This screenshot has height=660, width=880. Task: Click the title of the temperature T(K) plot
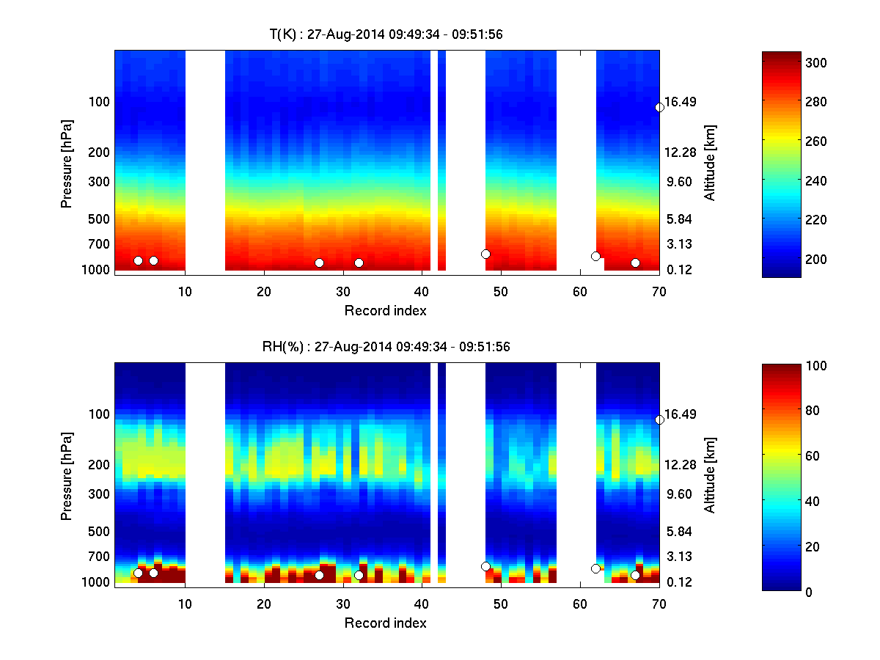point(386,34)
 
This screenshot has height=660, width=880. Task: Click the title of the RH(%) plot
point(386,347)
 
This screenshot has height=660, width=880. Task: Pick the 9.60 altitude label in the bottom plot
point(679,494)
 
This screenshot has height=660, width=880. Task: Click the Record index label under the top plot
point(386,310)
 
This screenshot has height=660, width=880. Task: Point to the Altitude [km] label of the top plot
point(709,163)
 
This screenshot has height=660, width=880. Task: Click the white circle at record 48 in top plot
point(485,254)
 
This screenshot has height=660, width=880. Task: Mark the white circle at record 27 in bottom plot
point(319,575)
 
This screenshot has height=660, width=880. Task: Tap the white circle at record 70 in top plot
point(659,107)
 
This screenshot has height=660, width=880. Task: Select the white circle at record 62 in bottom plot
point(595,568)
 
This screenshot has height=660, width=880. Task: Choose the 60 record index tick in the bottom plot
point(580,603)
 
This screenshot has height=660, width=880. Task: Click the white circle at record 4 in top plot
point(138,260)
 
